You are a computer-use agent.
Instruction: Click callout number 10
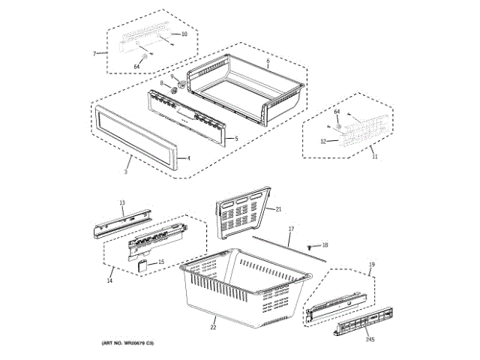(185, 34)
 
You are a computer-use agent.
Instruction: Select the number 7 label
(95, 54)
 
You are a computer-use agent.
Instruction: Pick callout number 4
(188, 158)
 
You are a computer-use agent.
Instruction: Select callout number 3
(126, 172)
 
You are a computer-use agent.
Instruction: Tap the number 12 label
(323, 141)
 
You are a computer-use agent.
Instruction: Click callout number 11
(375, 157)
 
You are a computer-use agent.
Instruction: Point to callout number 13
(123, 202)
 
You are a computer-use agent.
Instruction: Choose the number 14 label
(109, 280)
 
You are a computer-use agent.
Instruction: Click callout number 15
(160, 262)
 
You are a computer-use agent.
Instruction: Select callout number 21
(277, 209)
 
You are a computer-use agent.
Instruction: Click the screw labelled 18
(310, 245)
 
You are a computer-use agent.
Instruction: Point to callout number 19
(370, 265)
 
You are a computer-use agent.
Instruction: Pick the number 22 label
(213, 326)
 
